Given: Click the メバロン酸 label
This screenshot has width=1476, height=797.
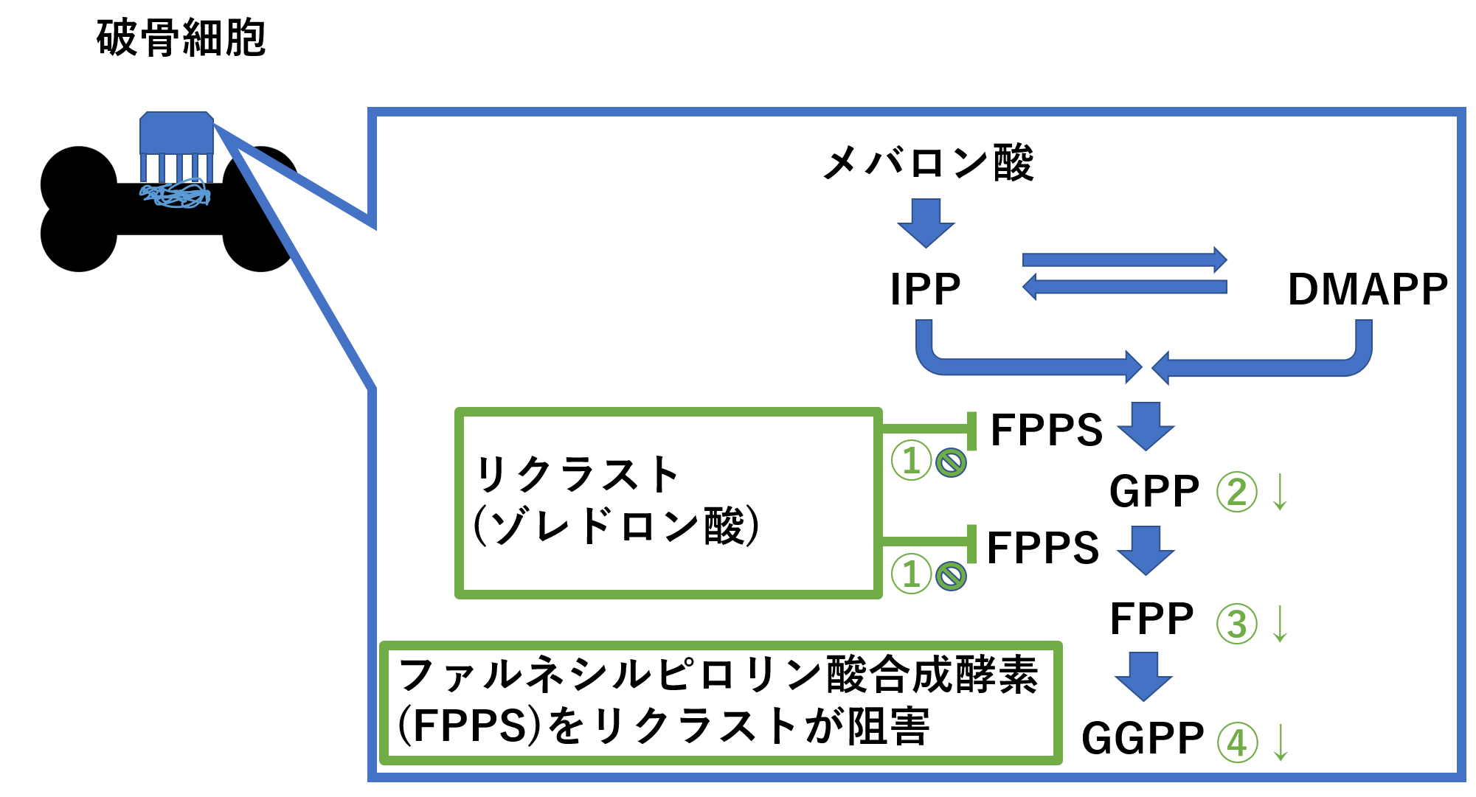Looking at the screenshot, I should pyautogui.click(x=928, y=163).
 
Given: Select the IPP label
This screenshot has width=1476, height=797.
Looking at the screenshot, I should pyautogui.click(x=925, y=289).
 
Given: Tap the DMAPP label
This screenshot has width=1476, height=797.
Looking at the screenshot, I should pyautogui.click(x=1367, y=289).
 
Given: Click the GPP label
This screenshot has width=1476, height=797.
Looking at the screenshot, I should pyautogui.click(x=1154, y=492).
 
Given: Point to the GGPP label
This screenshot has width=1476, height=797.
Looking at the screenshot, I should pyautogui.click(x=1143, y=739).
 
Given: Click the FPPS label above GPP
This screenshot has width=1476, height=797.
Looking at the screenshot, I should pyautogui.click(x=1046, y=430).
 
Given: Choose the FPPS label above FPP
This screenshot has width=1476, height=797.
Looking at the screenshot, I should pyautogui.click(x=1043, y=548).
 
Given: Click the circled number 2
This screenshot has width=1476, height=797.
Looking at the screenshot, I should pyautogui.click(x=1236, y=492).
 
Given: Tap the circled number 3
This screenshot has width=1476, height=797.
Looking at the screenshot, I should pyautogui.click(x=1236, y=623).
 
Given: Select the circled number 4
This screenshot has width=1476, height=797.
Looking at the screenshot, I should pyautogui.click(x=1236, y=742).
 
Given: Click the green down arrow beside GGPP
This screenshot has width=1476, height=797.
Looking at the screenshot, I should pyautogui.click(x=1281, y=742).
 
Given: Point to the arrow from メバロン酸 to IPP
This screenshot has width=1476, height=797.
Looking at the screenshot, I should pyautogui.click(x=926, y=222).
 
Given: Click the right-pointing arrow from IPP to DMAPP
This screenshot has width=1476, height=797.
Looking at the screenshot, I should pyautogui.click(x=1124, y=260).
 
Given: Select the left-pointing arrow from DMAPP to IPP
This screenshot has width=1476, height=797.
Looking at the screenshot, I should pyautogui.click(x=1124, y=287).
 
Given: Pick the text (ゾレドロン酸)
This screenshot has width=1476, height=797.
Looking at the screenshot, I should pyautogui.click(x=616, y=526).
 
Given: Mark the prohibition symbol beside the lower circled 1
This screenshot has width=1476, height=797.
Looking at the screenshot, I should pyautogui.click(x=951, y=576).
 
